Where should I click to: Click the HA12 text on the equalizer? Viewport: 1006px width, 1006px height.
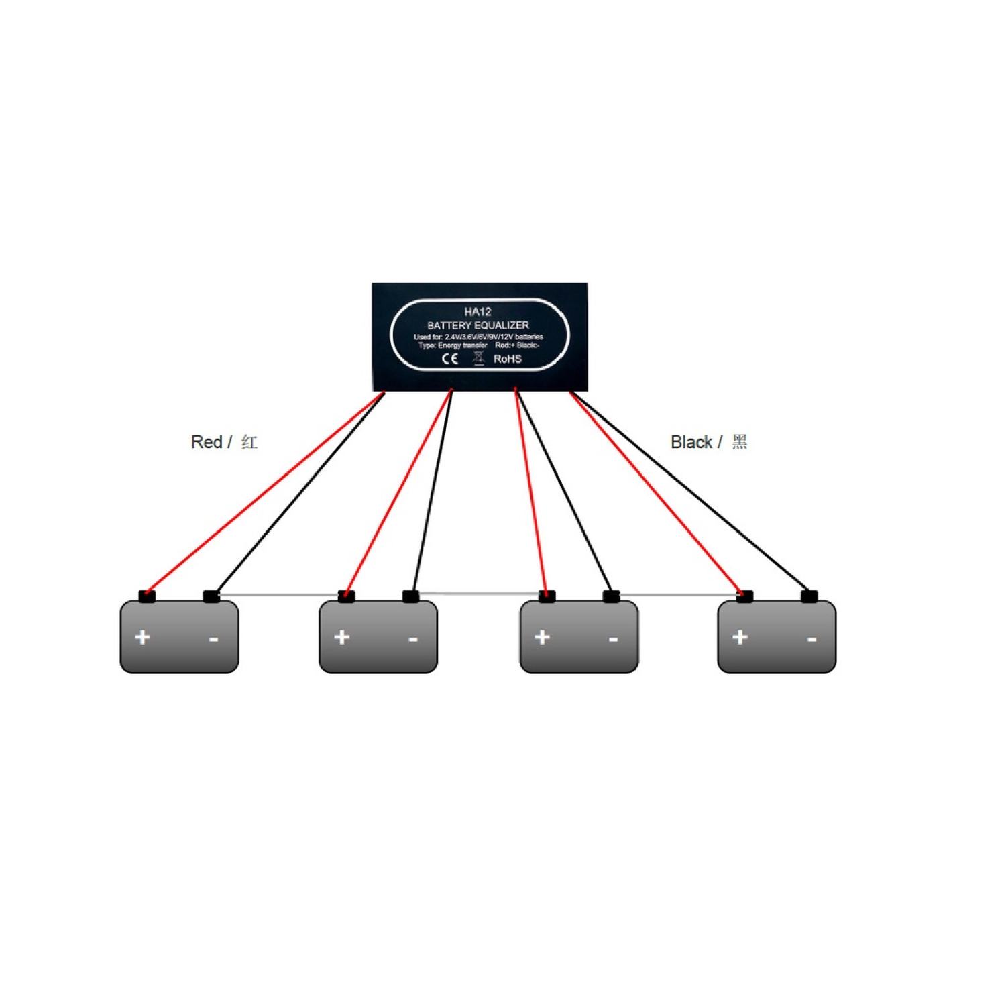tap(478, 312)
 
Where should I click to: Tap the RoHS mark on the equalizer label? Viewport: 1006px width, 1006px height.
tap(507, 359)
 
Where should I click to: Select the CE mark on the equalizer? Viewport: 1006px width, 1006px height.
tap(449, 359)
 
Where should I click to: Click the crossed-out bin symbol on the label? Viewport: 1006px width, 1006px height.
tap(478, 358)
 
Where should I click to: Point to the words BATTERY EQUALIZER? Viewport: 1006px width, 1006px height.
tap(478, 325)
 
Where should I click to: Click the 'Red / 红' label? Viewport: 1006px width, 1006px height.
tap(224, 442)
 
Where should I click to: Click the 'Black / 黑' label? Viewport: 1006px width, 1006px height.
tap(708, 442)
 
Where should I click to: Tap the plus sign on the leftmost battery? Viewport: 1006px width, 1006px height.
tap(142, 636)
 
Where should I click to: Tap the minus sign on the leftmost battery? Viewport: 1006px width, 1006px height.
tap(213, 639)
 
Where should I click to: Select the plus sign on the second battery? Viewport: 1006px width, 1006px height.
tap(342, 636)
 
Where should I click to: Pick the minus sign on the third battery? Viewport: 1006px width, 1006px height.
tap(613, 639)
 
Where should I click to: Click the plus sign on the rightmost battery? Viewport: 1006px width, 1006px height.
tap(740, 636)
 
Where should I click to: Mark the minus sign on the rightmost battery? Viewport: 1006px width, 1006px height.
tap(812, 639)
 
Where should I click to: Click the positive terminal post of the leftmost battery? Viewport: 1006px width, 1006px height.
tap(147, 596)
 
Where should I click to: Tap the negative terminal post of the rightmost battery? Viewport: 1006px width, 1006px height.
tap(809, 596)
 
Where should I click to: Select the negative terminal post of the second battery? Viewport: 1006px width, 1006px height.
tap(410, 596)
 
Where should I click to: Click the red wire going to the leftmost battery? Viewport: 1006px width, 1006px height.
tap(262, 493)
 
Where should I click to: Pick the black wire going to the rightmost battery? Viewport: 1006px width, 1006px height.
tap(691, 493)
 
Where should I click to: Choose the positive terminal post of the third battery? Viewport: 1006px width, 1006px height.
tap(547, 596)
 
